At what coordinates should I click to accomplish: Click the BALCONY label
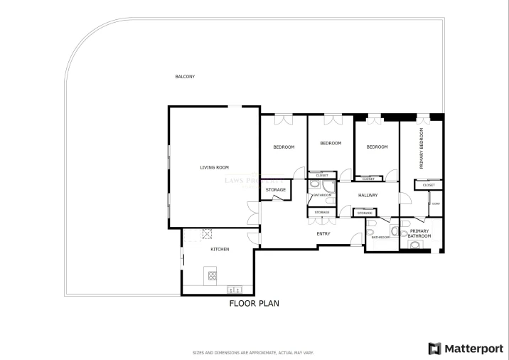point(185,77)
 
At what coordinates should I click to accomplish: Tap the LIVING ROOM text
point(214,167)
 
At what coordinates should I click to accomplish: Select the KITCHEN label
point(220,249)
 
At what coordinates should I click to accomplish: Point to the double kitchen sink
point(235,290)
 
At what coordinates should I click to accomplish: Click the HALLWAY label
point(368,195)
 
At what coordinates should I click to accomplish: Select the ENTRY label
point(323,233)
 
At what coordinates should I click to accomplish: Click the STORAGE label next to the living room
point(276,190)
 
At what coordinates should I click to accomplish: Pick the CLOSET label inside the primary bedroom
point(429,185)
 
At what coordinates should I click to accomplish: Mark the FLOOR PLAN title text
point(254,303)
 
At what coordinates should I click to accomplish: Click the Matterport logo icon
point(434,349)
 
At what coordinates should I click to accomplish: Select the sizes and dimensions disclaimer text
point(254,352)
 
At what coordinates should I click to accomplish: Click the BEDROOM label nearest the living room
point(284,147)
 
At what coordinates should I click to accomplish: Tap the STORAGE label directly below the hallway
point(365,213)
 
